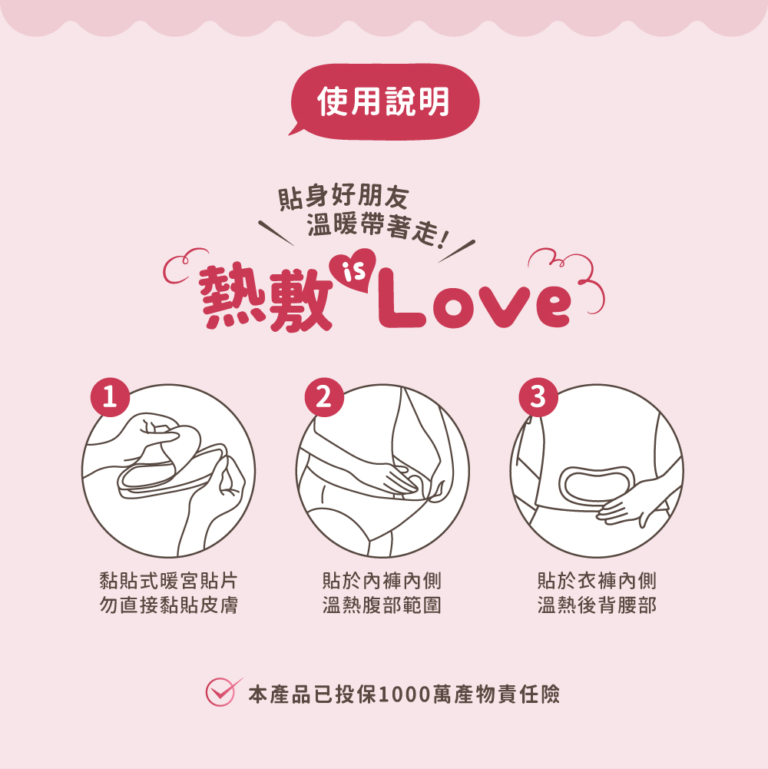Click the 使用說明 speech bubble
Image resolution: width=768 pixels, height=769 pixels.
384,102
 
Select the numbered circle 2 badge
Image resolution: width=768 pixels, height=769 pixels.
323,397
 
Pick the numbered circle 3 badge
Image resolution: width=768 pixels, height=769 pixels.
537,397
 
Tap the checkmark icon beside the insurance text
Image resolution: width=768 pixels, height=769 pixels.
221,691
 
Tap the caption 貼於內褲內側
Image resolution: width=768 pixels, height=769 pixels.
382,581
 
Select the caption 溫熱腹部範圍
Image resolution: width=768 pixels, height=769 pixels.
382,605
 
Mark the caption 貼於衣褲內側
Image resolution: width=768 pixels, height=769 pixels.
597,581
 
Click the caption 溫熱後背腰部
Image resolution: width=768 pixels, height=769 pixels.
597,605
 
